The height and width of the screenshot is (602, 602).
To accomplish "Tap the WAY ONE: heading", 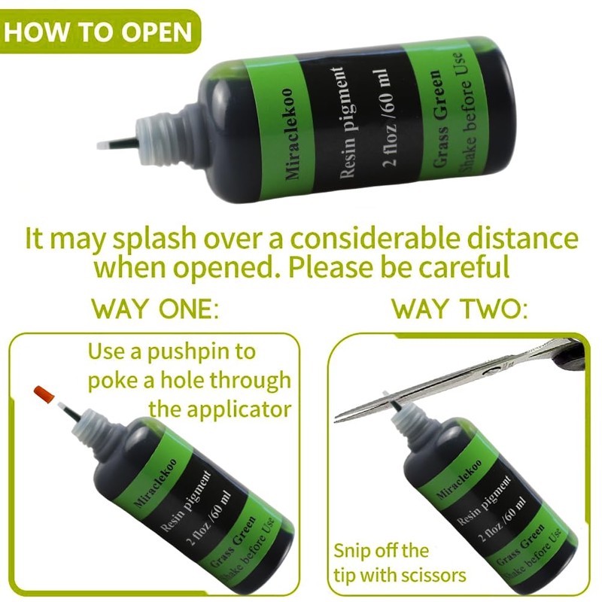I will pos(154,309).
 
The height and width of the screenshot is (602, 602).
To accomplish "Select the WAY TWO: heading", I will pos(460,309).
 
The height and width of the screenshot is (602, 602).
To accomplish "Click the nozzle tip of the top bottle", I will pos(105,143).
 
